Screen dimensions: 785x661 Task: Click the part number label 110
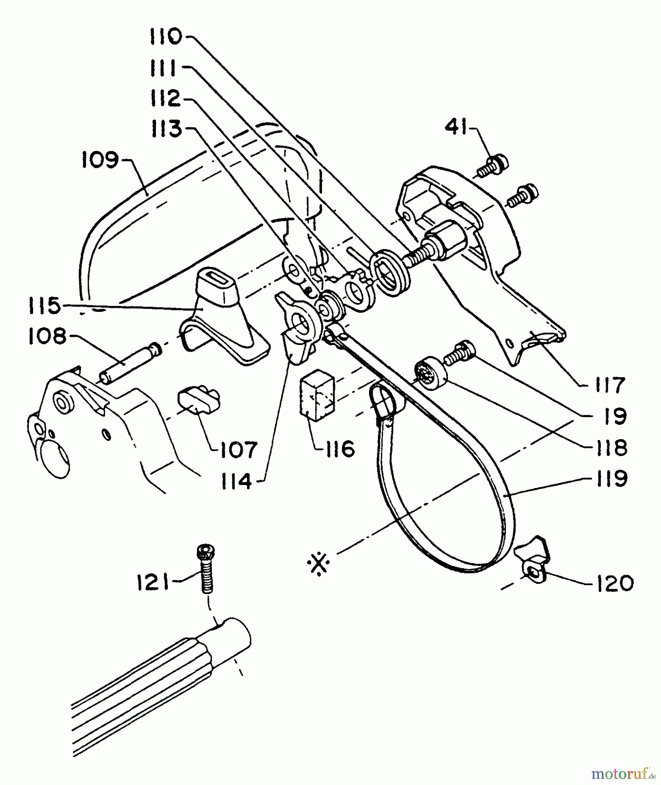[166, 37]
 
